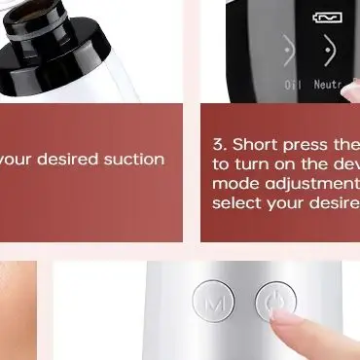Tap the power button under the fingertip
click(275, 304)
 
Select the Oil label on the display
click(293, 85)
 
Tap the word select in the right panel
click(234, 202)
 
